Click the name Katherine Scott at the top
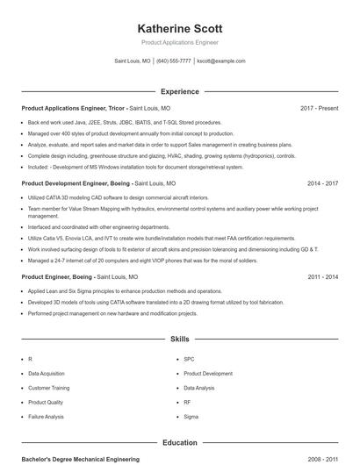[x=179, y=27]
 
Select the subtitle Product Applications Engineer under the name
[x=179, y=42]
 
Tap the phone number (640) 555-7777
[x=174, y=61]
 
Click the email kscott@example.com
[x=221, y=61]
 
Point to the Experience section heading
[x=179, y=91]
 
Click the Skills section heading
[x=179, y=338]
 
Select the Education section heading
[x=179, y=443]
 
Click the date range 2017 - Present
[x=319, y=108]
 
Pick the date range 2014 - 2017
[x=322, y=183]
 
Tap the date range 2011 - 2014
[x=322, y=276]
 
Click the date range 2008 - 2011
[x=322, y=459]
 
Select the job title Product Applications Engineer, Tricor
[x=76, y=108]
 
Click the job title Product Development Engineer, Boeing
[x=76, y=183]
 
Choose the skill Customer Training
[x=49, y=387]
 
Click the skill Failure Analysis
[x=47, y=416]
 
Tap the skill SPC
[x=189, y=359]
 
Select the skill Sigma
[x=191, y=416]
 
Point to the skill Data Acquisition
[x=47, y=373]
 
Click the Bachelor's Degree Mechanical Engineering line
[x=80, y=459]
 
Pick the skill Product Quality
[x=47, y=402]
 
